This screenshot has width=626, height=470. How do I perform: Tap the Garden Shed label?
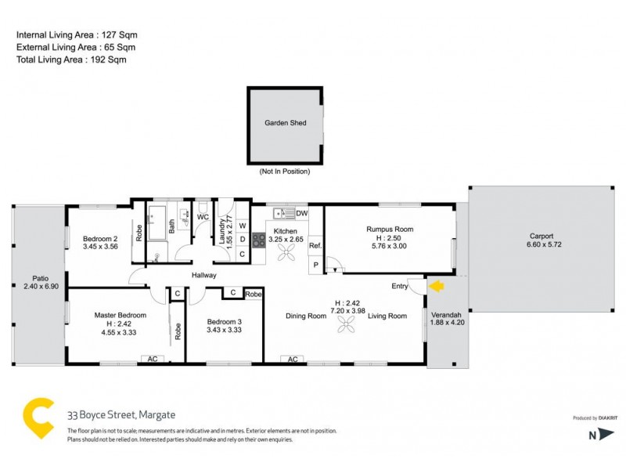[286, 123]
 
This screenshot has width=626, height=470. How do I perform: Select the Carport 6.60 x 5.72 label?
[541, 240]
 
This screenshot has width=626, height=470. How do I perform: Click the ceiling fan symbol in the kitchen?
[286, 251]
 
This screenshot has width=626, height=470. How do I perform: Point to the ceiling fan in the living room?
[347, 324]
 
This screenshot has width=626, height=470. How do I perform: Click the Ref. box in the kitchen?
[315, 246]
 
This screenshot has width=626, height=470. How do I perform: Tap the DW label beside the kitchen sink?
[302, 213]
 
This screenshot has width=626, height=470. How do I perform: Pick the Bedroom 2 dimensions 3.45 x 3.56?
[99, 246]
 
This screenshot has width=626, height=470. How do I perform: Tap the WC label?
[202, 217]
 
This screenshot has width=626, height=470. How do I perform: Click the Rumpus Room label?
[389, 230]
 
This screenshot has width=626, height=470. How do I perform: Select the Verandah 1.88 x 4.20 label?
[448, 320]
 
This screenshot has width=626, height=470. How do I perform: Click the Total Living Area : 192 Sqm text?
[71, 59]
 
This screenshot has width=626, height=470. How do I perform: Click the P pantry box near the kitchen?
[315, 266]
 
